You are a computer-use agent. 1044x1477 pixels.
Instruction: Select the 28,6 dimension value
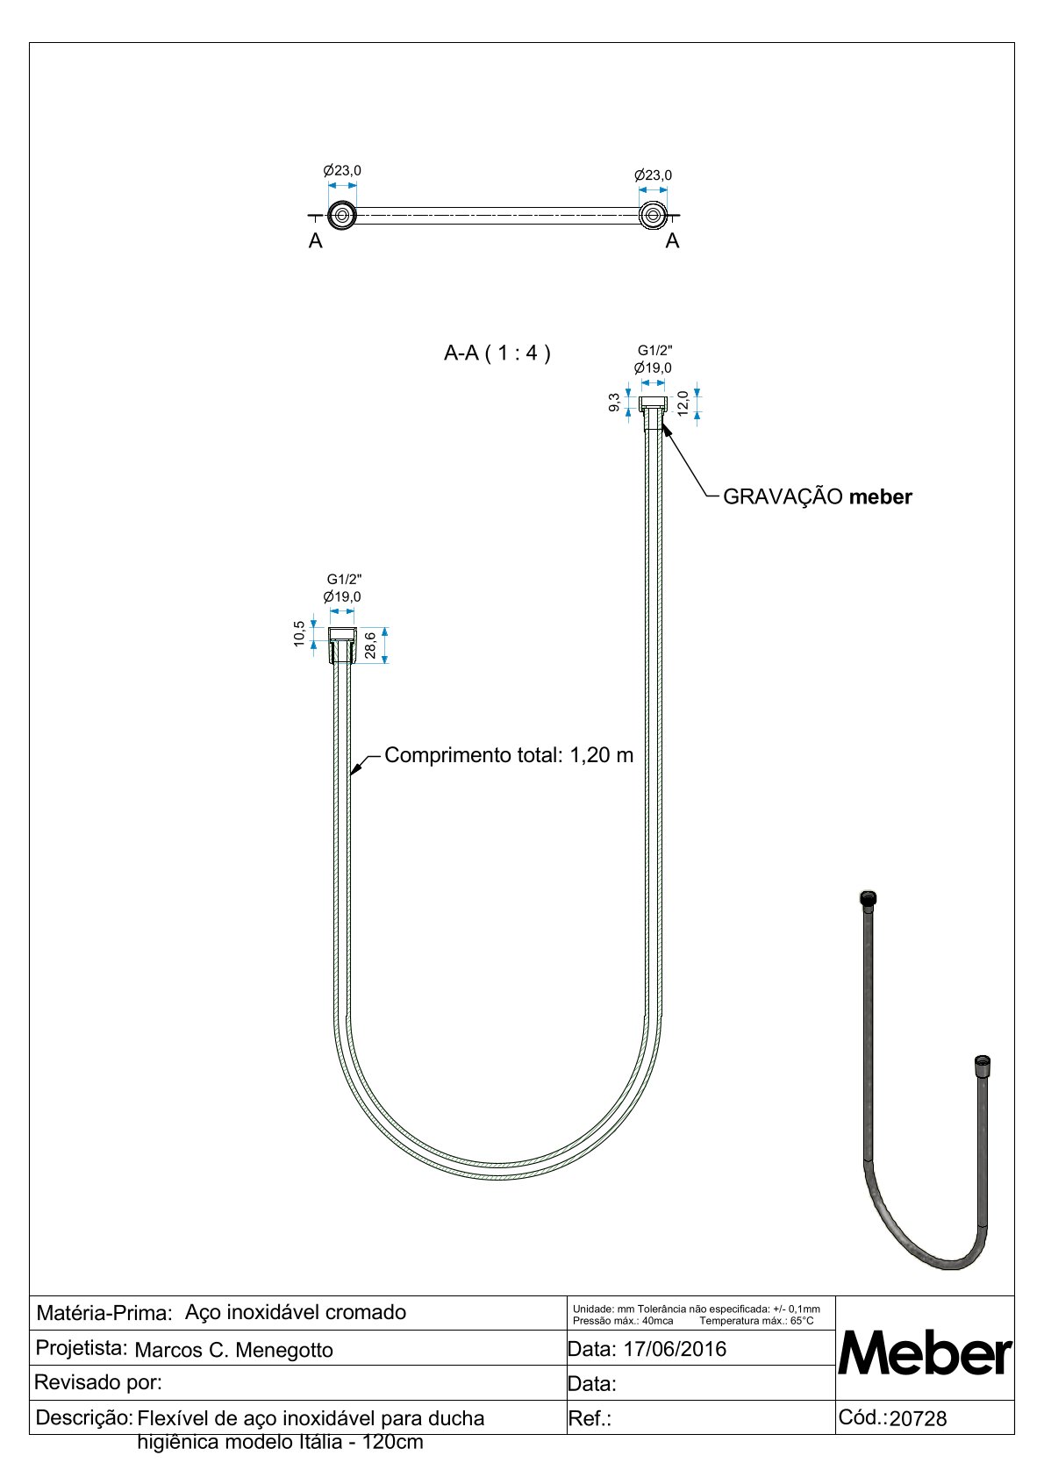(x=371, y=645)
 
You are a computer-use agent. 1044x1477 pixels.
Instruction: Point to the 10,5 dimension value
(x=300, y=633)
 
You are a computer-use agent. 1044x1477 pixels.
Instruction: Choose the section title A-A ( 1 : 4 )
(x=497, y=353)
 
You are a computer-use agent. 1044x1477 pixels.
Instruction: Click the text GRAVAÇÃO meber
(x=817, y=497)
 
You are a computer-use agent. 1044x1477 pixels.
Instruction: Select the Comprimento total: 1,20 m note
(x=509, y=755)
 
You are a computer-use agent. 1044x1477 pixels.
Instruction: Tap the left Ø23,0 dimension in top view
(x=342, y=170)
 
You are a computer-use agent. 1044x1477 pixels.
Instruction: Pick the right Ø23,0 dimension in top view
(x=653, y=175)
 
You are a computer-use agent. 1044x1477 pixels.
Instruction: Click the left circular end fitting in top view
(x=341, y=216)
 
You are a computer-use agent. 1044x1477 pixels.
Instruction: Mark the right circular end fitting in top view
(x=652, y=216)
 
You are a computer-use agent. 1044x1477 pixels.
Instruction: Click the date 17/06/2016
(x=674, y=1349)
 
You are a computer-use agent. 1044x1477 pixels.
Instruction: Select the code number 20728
(x=918, y=1419)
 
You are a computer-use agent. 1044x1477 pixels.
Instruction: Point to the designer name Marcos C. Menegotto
(x=234, y=1350)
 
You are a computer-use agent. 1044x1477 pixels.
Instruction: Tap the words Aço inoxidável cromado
(x=296, y=1312)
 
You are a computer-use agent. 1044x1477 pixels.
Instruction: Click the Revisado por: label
(x=98, y=1383)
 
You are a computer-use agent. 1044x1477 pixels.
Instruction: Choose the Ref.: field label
(x=590, y=1419)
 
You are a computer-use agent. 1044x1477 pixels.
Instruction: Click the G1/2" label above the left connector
(x=344, y=579)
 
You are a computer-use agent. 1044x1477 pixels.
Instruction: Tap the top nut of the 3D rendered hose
(x=868, y=899)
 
